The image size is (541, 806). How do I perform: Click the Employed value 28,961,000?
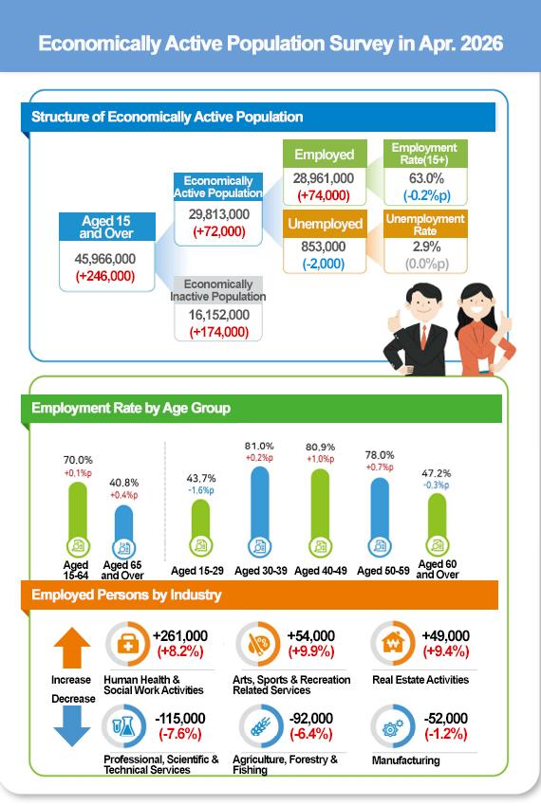pyautogui.click(x=324, y=178)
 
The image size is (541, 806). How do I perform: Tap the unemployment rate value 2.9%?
pyautogui.click(x=426, y=247)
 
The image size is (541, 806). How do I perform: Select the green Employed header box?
pyautogui.click(x=325, y=154)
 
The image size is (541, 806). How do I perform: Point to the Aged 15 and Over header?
pyautogui.click(x=107, y=227)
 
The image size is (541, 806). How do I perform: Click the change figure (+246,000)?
pyautogui.click(x=105, y=276)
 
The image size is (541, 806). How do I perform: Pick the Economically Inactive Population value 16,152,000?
pyautogui.click(x=218, y=315)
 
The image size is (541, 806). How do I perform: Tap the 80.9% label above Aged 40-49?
pyautogui.click(x=320, y=448)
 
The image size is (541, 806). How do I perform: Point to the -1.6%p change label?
pyautogui.click(x=201, y=490)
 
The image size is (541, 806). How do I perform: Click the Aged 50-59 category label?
pyautogui.click(x=383, y=571)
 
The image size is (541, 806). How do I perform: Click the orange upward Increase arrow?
pyautogui.click(x=72, y=648)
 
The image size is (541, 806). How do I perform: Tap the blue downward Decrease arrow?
pyautogui.click(x=72, y=725)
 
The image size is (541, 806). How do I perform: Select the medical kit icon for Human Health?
pyautogui.click(x=126, y=644)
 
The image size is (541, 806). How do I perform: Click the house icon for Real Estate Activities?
pyautogui.click(x=393, y=643)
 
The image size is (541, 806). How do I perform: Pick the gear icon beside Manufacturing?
pyautogui.click(x=393, y=727)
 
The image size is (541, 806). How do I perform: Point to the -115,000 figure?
pyautogui.click(x=180, y=718)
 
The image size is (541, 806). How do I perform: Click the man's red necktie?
pyautogui.click(x=423, y=338)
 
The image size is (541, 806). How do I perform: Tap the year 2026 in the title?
pyautogui.click(x=482, y=44)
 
